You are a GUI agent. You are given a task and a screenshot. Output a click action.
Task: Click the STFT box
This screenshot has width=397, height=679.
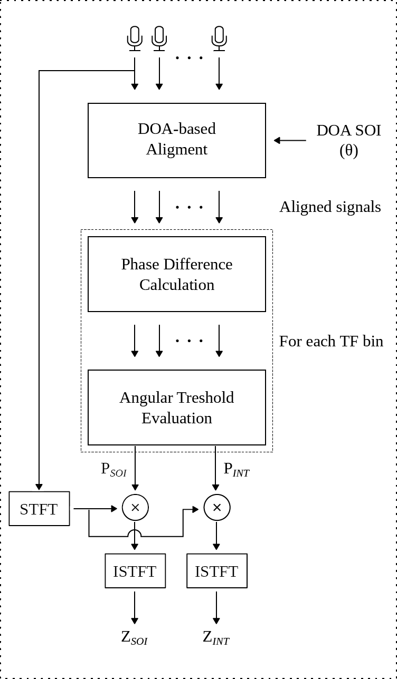[39, 509]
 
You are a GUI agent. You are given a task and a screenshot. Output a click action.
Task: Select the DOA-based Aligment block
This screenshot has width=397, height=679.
[176, 140]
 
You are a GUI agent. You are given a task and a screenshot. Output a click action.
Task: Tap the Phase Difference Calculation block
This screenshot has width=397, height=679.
[176, 274]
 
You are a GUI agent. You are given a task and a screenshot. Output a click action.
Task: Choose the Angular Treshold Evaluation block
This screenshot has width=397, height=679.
[176, 408]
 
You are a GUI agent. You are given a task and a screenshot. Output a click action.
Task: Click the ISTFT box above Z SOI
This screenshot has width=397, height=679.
[135, 571]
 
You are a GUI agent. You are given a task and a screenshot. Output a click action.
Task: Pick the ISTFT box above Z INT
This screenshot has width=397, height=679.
[216, 571]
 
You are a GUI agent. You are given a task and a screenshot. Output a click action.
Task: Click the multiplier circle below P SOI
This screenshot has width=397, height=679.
[135, 508]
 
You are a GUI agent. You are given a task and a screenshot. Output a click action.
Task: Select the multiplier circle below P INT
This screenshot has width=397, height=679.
[216, 508]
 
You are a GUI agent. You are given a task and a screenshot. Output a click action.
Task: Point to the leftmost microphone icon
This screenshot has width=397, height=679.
[135, 38]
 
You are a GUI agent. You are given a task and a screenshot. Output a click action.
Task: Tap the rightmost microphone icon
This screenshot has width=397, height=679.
[219, 38]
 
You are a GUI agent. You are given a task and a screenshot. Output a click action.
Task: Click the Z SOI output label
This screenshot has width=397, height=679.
[134, 638]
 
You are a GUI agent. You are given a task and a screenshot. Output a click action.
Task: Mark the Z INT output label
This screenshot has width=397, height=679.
[216, 638]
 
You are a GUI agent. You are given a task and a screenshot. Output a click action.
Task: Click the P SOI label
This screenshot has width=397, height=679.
[114, 469]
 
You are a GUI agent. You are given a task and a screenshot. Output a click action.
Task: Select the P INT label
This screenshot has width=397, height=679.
[236, 469]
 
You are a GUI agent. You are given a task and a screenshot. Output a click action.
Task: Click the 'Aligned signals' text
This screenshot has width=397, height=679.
[330, 207]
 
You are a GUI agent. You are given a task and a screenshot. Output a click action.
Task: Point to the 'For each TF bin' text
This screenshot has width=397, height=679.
[331, 341]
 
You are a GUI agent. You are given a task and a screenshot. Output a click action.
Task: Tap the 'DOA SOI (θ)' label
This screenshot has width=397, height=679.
[348, 140]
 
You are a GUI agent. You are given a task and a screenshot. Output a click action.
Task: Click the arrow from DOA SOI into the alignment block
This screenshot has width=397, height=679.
[290, 140]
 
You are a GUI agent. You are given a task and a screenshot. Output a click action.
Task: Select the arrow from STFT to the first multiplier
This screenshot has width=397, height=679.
[96, 509]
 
